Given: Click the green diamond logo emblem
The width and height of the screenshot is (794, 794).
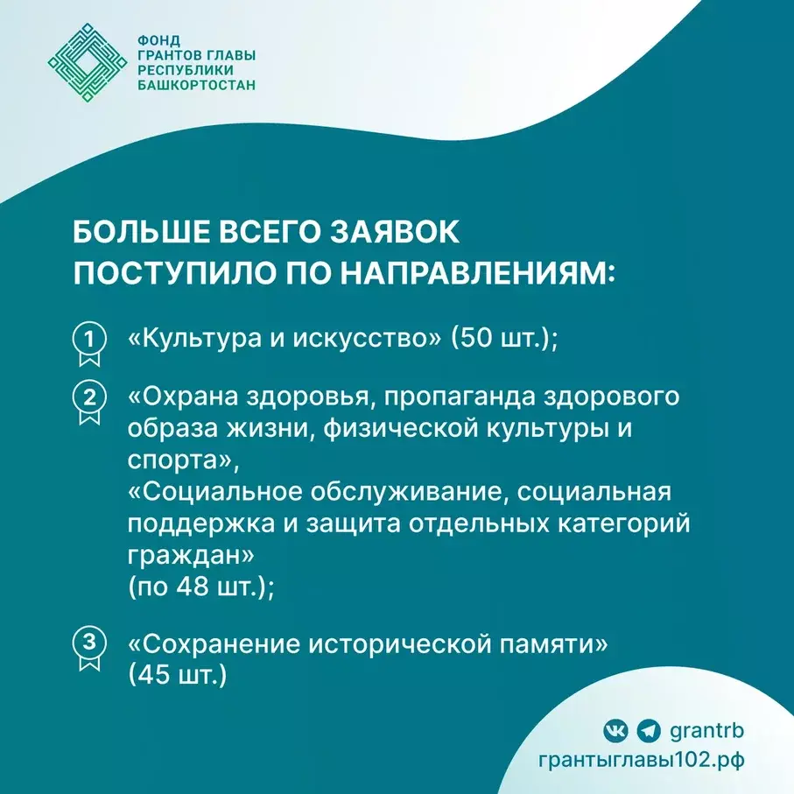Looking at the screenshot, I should point(86,62).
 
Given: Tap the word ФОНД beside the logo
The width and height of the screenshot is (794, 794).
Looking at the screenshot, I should point(157,39).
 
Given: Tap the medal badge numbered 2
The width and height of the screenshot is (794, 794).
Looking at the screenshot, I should point(88,401).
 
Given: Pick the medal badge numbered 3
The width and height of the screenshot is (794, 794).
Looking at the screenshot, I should point(88,649).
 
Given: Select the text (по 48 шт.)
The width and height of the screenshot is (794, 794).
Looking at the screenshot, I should point(201,587).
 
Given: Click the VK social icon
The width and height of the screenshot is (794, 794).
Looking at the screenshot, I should point(615,729).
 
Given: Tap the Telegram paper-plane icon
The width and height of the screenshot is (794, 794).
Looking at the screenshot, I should point(648,729).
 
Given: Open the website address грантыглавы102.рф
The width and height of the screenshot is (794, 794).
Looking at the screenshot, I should point(642,759).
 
